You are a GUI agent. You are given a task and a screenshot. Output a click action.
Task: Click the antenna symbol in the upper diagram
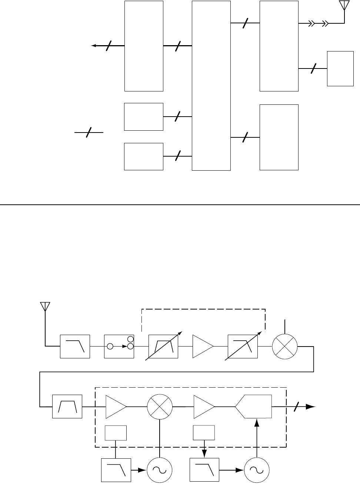(344, 6)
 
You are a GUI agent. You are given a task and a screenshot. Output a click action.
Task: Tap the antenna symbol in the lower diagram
(45, 307)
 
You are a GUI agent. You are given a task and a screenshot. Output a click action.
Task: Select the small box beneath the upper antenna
(340, 69)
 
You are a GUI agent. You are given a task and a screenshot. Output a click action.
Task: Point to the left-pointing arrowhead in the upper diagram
(94, 46)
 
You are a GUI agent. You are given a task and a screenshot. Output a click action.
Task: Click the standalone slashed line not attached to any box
(89, 132)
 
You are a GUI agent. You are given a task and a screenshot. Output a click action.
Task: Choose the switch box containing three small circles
(119, 347)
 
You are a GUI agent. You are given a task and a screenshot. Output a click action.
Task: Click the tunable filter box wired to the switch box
(163, 347)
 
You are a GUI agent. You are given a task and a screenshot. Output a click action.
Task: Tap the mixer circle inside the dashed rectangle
(160, 406)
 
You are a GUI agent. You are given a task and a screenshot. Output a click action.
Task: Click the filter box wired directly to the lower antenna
(75, 347)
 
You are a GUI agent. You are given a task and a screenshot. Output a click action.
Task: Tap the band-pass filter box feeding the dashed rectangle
(67, 407)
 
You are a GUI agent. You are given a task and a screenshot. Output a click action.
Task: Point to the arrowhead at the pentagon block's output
(311, 407)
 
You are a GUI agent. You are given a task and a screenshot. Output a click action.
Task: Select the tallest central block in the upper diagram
(211, 86)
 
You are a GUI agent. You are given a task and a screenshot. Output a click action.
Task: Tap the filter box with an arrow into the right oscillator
(204, 470)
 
